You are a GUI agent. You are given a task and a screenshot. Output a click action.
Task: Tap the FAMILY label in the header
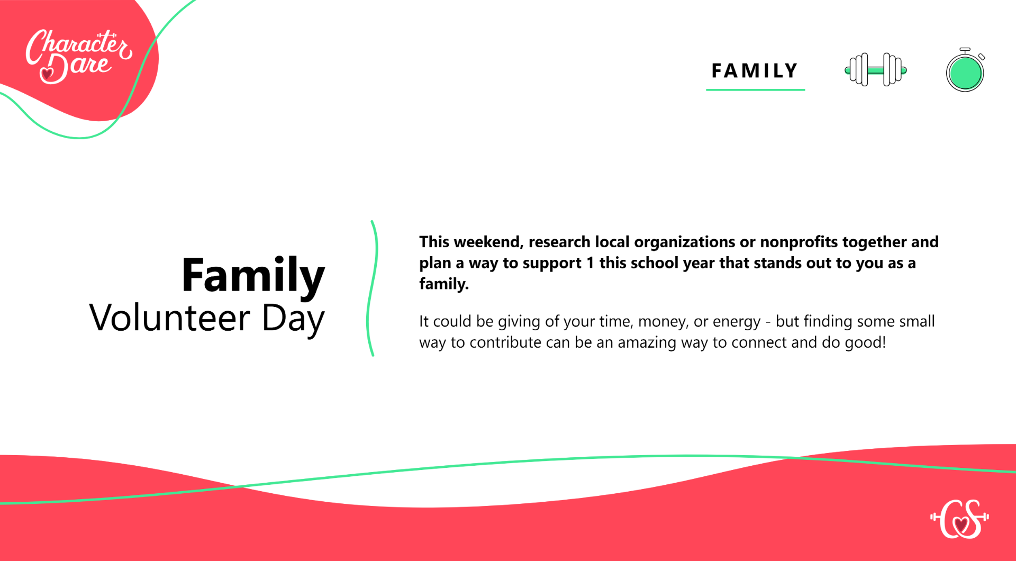pyautogui.click(x=755, y=71)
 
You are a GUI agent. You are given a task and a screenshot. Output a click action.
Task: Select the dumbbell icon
pyautogui.click(x=876, y=70)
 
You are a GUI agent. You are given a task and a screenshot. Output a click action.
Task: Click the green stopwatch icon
pyautogui.click(x=965, y=70)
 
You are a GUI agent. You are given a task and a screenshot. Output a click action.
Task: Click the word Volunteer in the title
pyautogui.click(x=169, y=318)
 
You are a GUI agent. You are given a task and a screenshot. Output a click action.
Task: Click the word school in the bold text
pyautogui.click(x=659, y=263)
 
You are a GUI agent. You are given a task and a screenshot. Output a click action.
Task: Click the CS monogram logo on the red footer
pyautogui.click(x=959, y=519)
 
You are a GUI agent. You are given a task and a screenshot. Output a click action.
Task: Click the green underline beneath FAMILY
pyautogui.click(x=755, y=90)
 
